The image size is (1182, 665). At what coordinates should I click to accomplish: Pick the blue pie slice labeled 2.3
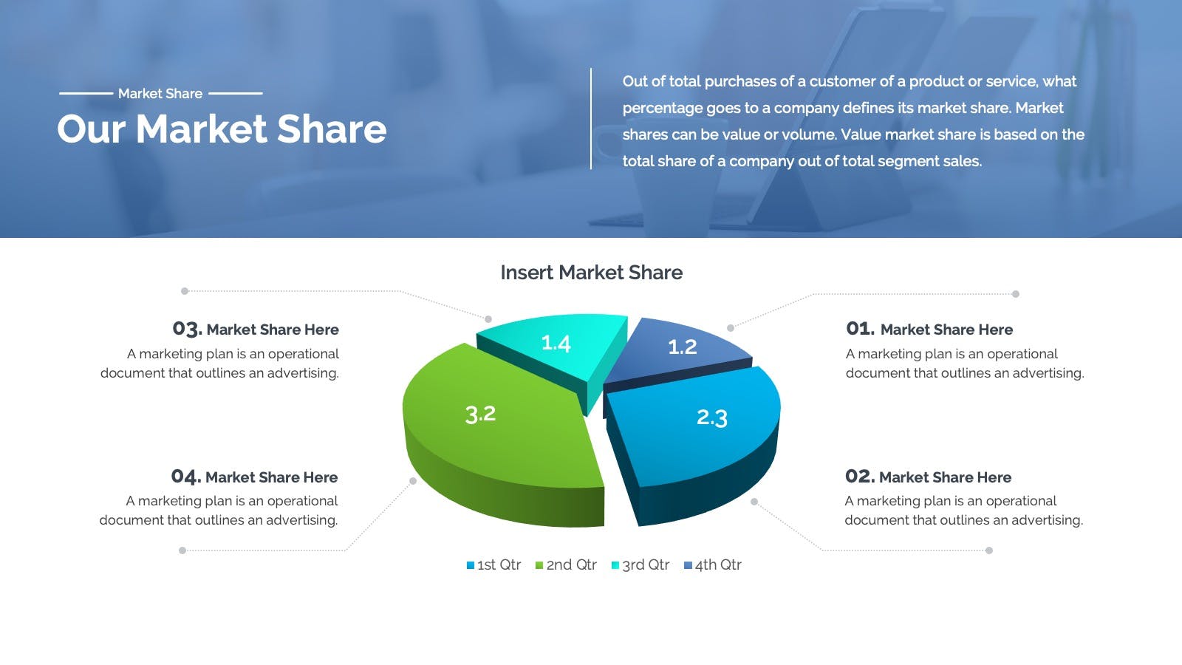click(697, 433)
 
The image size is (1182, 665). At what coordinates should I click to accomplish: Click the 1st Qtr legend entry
click(494, 565)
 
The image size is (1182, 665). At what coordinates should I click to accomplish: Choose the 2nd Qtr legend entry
click(566, 565)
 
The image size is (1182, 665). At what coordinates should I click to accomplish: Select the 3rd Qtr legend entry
click(640, 565)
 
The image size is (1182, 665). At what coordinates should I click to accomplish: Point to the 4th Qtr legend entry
click(713, 565)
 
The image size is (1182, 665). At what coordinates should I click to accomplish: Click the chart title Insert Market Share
click(592, 273)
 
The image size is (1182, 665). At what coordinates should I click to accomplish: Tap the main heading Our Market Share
click(222, 129)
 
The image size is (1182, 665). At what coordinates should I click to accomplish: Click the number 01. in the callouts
click(860, 329)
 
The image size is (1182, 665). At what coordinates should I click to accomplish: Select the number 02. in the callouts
click(860, 477)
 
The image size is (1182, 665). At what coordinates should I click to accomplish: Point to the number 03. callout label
click(188, 330)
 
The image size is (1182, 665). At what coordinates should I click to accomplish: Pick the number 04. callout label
click(186, 477)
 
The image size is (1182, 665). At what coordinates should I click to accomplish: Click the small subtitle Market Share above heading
click(160, 93)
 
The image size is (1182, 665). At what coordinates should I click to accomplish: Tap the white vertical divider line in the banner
click(591, 119)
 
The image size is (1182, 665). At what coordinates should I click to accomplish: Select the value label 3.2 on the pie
click(480, 415)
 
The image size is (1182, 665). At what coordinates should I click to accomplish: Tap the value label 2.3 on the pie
click(712, 417)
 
